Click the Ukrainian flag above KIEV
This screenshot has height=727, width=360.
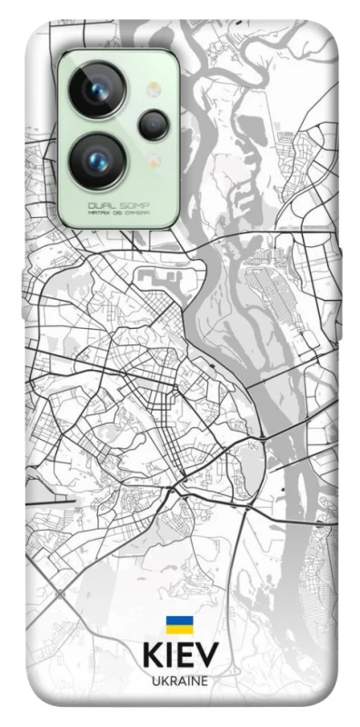tap(178, 625)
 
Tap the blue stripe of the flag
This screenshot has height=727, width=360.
tap(178, 621)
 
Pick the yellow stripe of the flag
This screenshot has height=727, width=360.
tap(178, 630)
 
